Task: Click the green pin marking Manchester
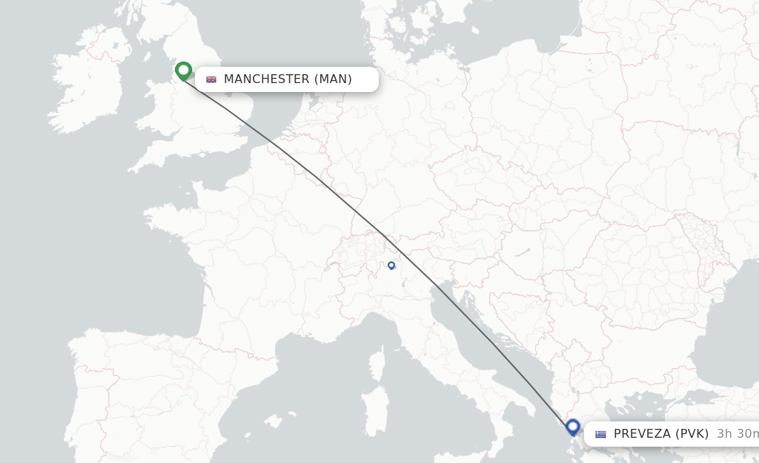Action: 184,70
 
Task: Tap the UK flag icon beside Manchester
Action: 211,79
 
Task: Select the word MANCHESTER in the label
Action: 266,79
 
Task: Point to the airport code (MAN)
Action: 333,79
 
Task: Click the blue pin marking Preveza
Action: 572,427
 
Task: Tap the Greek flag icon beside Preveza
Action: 600,434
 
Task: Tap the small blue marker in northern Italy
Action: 391,265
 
